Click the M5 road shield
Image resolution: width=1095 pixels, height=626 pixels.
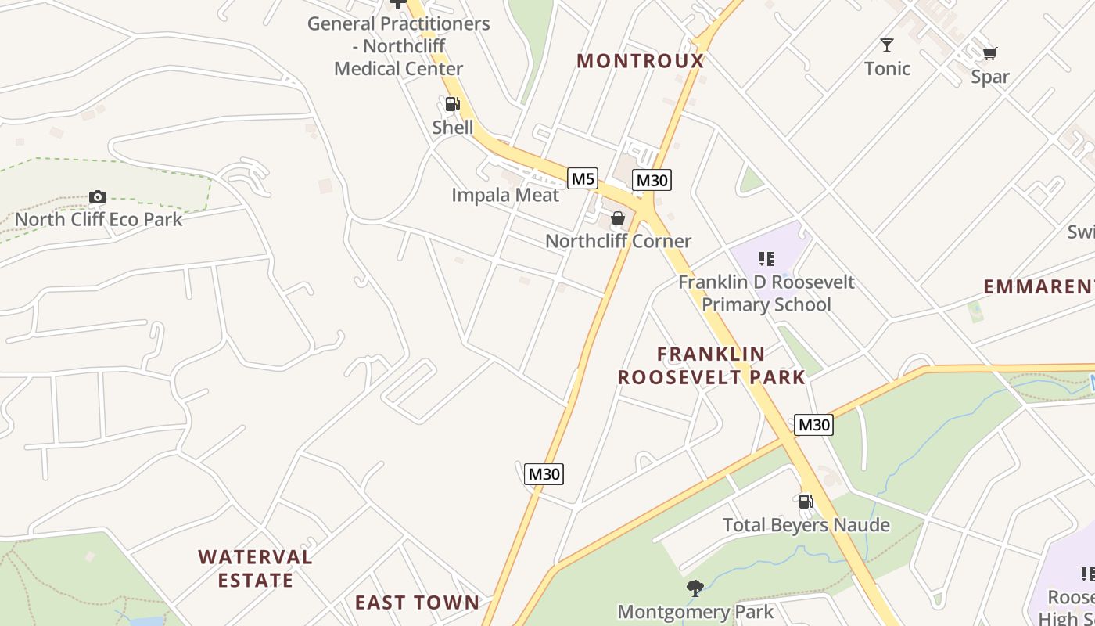583,178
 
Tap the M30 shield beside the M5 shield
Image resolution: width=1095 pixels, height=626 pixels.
652,180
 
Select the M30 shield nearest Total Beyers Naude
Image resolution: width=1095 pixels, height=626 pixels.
813,425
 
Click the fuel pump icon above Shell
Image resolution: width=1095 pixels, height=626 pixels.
452,104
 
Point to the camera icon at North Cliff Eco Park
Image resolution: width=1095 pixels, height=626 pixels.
98,196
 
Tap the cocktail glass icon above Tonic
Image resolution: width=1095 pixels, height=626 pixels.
887,45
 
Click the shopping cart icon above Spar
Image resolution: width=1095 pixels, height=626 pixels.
990,53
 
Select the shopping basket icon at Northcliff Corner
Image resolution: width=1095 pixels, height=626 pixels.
618,218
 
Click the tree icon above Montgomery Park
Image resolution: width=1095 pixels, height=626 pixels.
695,588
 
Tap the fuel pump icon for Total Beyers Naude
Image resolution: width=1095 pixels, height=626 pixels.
806,501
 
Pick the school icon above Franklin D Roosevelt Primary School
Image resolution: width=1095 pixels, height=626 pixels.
766,258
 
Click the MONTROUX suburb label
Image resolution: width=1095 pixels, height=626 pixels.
641,61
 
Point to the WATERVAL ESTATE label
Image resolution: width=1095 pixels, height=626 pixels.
255,569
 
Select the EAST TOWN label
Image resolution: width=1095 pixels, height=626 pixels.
417,603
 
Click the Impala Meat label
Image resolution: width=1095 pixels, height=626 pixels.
505,195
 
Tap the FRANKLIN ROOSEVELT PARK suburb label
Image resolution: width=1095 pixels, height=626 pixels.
711,365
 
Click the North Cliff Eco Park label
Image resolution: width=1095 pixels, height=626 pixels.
99,219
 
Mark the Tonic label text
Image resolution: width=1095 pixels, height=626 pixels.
888,69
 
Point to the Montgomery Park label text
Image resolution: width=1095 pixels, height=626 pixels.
695,612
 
